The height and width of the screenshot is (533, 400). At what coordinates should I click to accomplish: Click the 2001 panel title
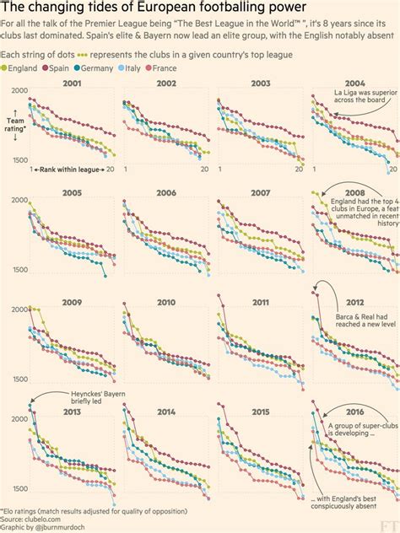click(x=72, y=83)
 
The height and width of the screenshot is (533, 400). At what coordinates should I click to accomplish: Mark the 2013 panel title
click(x=72, y=414)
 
